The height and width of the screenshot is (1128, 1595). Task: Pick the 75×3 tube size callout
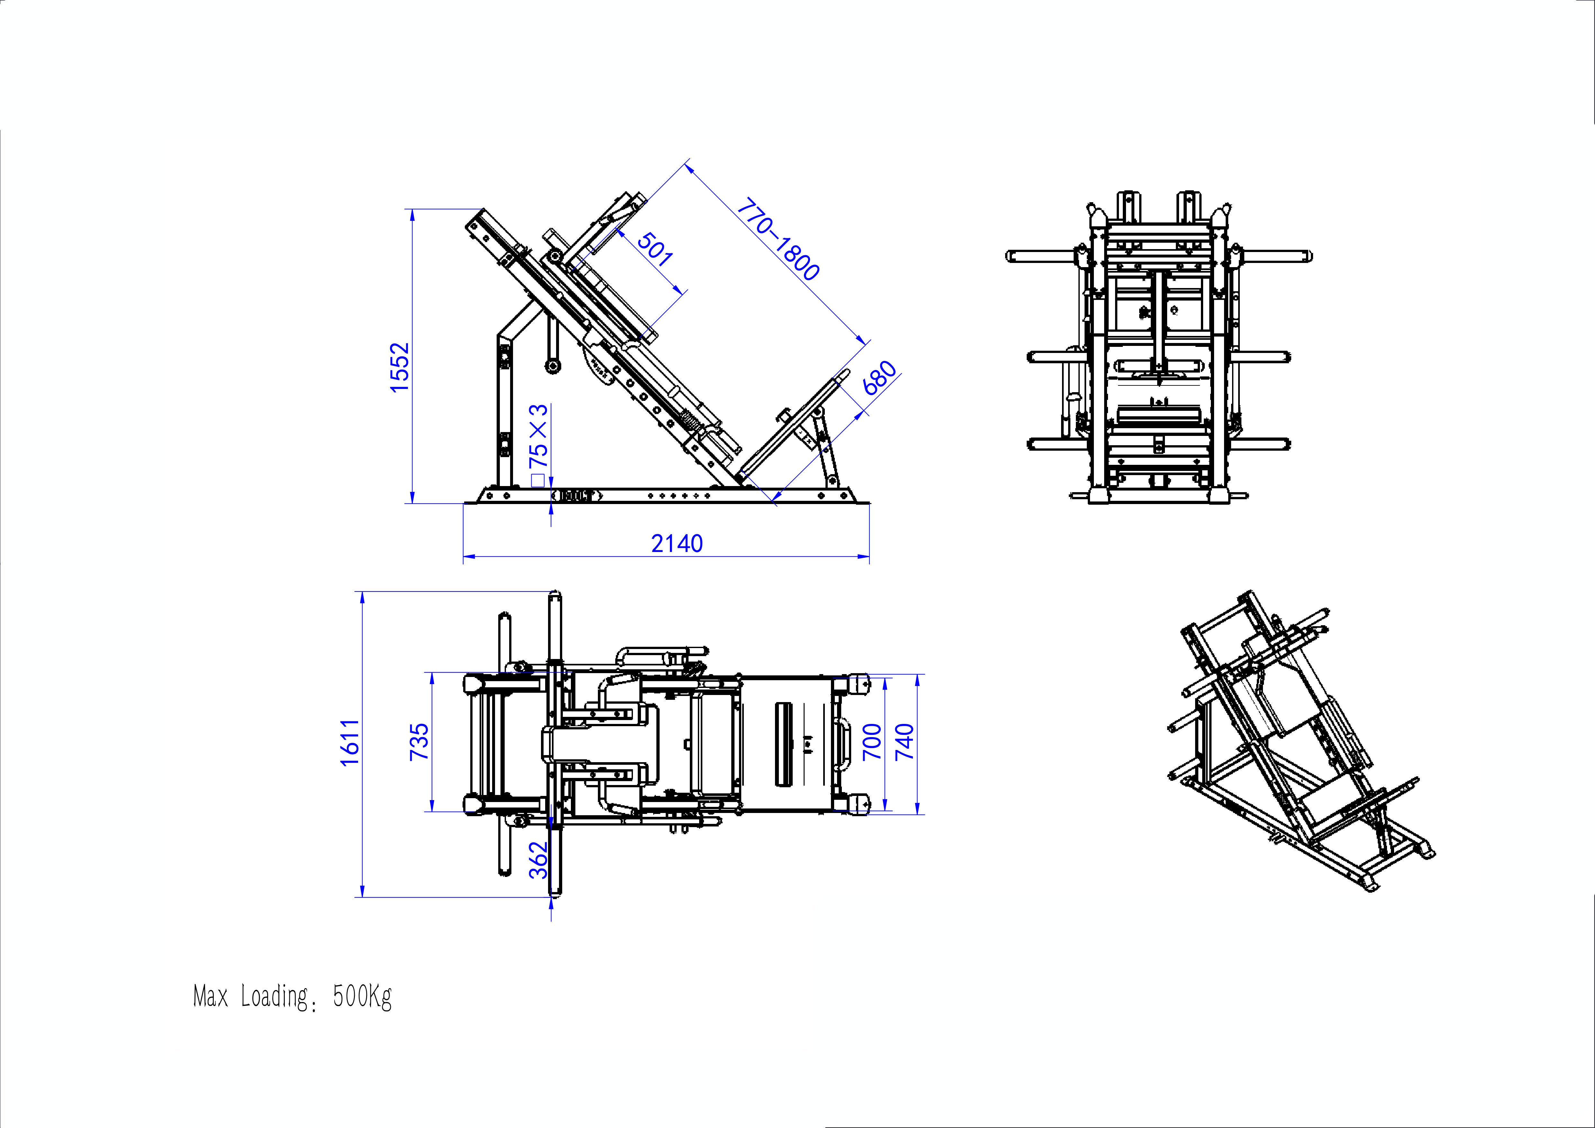(538, 436)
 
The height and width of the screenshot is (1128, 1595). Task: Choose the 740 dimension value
(905, 742)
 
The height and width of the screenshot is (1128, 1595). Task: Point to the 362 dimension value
(538, 861)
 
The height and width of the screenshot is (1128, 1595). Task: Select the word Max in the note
(211, 997)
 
